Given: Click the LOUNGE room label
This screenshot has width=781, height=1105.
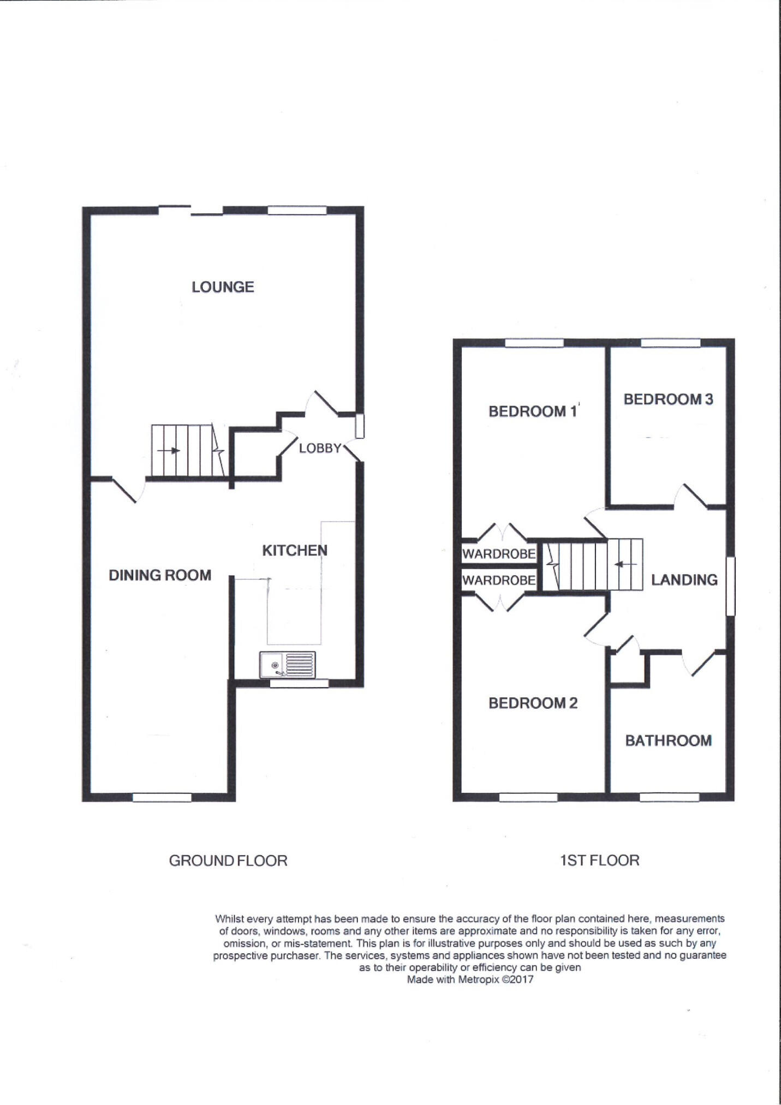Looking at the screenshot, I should click(x=223, y=287).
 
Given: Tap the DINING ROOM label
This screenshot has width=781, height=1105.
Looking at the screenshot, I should click(x=160, y=575).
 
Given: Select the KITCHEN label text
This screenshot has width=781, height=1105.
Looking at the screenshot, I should click(x=295, y=551).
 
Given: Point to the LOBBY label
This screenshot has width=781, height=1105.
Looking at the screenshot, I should click(x=320, y=448).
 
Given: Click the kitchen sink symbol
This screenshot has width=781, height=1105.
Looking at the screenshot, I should click(x=288, y=665).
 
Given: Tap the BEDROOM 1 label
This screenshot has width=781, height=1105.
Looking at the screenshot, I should click(x=533, y=411).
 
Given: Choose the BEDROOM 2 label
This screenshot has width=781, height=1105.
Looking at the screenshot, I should click(x=533, y=703).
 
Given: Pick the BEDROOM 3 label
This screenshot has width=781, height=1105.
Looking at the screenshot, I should click(x=668, y=399).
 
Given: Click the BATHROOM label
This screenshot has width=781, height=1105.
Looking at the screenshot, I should click(x=668, y=740).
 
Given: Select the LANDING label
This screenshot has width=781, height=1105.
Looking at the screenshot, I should click(x=684, y=580).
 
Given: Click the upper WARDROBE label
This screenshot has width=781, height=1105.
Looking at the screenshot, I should click(x=499, y=554).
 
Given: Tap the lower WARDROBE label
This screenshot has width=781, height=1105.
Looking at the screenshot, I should click(x=499, y=580).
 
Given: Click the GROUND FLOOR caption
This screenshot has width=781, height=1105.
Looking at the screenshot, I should click(x=228, y=861).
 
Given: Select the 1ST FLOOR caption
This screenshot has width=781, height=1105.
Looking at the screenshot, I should click(x=599, y=861).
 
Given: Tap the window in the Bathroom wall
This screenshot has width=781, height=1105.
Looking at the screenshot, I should click(x=669, y=797).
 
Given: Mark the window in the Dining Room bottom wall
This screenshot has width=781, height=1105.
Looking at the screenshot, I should click(x=162, y=797).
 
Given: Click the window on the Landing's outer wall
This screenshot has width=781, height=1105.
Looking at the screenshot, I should click(x=730, y=586).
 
